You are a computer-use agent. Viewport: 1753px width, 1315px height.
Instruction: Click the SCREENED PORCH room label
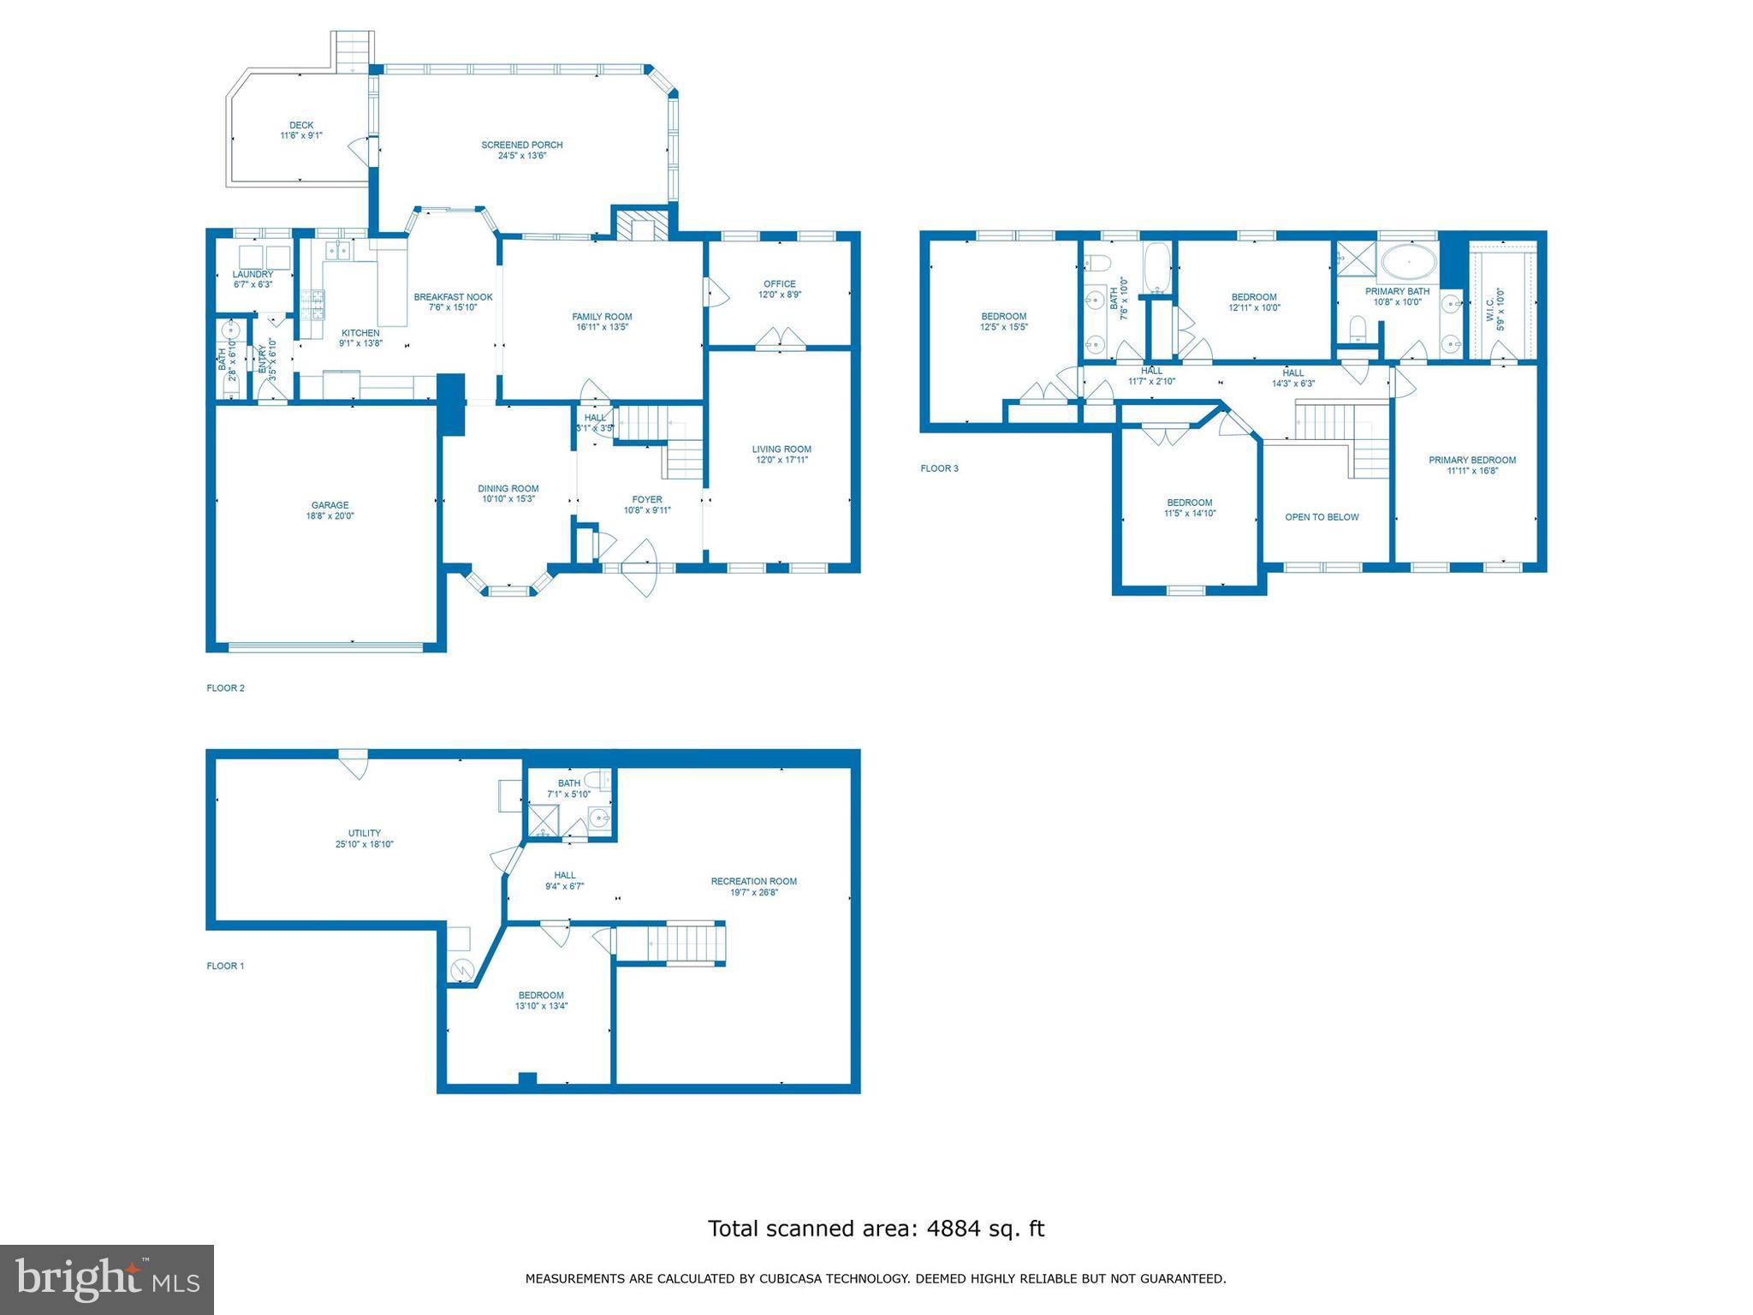tap(521, 145)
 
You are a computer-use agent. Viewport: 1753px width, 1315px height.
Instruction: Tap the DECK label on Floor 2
tap(301, 125)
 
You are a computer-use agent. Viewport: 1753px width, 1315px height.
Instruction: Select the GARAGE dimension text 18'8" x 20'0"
tap(330, 516)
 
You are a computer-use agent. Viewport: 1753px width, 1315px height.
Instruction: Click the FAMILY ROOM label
tap(602, 317)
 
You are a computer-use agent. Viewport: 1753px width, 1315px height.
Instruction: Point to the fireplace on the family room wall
tap(641, 227)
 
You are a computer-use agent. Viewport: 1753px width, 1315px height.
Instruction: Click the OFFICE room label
tap(779, 284)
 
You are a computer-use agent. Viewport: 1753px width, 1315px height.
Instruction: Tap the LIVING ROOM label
tap(781, 449)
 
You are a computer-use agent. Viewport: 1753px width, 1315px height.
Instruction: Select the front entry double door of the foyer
tap(641, 566)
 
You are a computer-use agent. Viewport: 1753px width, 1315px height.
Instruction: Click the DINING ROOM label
tap(508, 489)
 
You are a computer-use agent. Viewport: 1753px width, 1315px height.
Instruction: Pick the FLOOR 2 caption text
tap(225, 687)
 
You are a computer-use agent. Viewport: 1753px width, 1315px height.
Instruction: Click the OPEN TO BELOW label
tap(1322, 517)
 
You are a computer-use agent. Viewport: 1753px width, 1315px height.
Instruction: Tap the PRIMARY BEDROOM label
tap(1471, 460)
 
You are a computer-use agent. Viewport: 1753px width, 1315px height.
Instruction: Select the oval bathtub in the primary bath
tap(1409, 262)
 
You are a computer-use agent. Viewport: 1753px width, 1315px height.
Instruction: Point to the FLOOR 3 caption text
tap(939, 468)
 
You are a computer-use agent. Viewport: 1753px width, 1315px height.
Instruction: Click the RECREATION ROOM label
tap(753, 881)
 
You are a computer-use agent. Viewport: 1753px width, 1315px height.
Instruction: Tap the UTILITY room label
tap(364, 833)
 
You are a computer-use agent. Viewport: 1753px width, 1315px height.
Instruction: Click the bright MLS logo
tap(107, 1279)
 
